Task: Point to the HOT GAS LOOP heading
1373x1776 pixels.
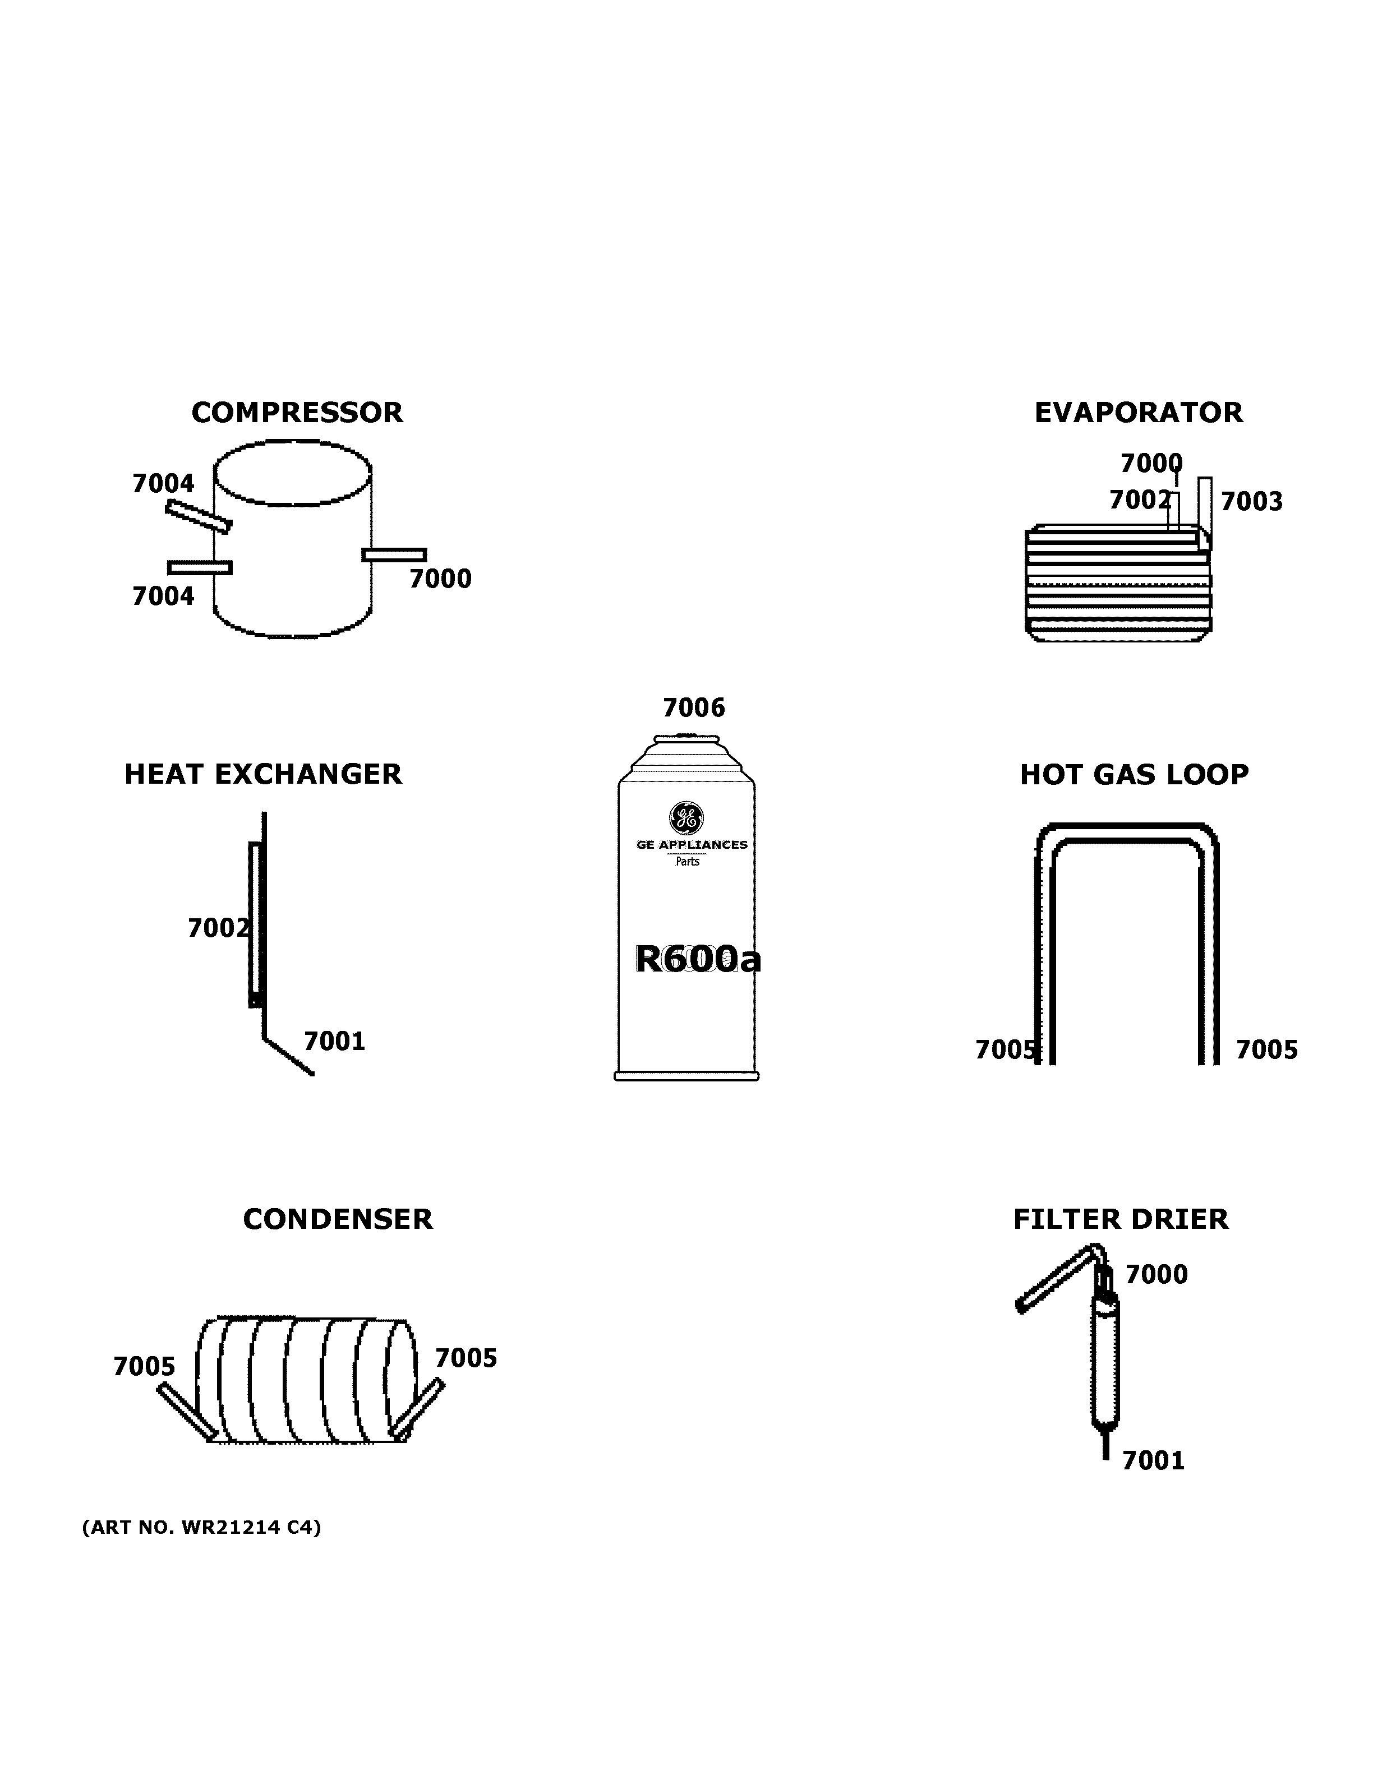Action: pyautogui.click(x=1134, y=774)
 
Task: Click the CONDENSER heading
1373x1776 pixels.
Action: pyautogui.click(x=338, y=1219)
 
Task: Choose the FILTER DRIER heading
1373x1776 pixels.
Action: pyautogui.click(x=1120, y=1219)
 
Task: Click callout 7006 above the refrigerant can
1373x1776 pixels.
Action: pyautogui.click(x=693, y=707)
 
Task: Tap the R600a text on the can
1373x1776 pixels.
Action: pyautogui.click(x=697, y=960)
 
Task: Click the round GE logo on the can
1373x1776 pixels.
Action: pyautogui.click(x=686, y=818)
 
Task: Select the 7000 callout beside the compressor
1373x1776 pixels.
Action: pyautogui.click(x=440, y=579)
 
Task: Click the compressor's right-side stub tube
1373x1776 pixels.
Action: pyautogui.click(x=394, y=554)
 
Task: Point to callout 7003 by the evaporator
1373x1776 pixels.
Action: pyautogui.click(x=1251, y=502)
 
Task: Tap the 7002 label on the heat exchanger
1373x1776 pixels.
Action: pyautogui.click(x=218, y=928)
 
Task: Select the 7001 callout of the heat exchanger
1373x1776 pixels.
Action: pyautogui.click(x=334, y=1041)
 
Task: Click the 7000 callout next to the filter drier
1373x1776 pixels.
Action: pyautogui.click(x=1156, y=1274)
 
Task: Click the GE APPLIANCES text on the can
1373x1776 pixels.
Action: pyautogui.click(x=692, y=845)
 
